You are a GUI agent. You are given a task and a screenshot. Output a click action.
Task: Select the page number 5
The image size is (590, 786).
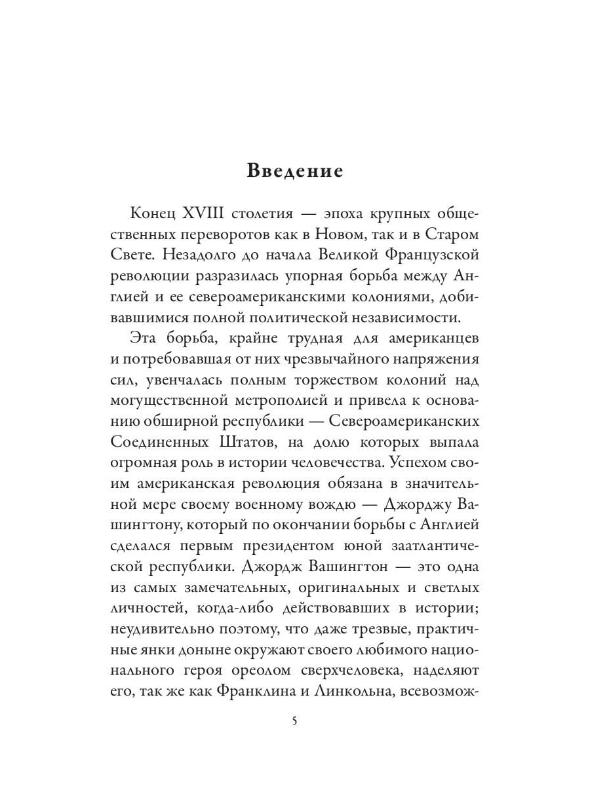coord(295,721)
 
